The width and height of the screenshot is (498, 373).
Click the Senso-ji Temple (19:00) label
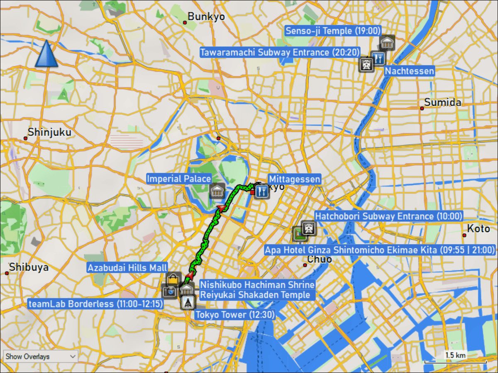(333, 31)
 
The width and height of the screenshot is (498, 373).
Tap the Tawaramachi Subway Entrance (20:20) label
(280, 53)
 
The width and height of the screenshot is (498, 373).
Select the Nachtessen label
(409, 71)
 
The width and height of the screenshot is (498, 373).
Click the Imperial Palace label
(179, 179)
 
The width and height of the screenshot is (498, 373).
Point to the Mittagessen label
(294, 179)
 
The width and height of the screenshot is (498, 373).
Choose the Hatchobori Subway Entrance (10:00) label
(388, 216)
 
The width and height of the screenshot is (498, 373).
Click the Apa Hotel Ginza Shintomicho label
(380, 250)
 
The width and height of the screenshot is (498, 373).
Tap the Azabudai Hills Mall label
(127, 268)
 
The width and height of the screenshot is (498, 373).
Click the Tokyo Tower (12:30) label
(235, 315)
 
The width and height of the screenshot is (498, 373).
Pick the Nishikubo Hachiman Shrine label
(257, 285)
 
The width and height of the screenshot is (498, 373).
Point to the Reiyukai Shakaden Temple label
(255, 295)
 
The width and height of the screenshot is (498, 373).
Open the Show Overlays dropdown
(41, 356)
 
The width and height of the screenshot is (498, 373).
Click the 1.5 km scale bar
(455, 361)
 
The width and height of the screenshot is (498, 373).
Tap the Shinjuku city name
(49, 133)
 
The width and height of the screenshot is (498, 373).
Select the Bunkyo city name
(206, 17)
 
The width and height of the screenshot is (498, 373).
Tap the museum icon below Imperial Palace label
(217, 191)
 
